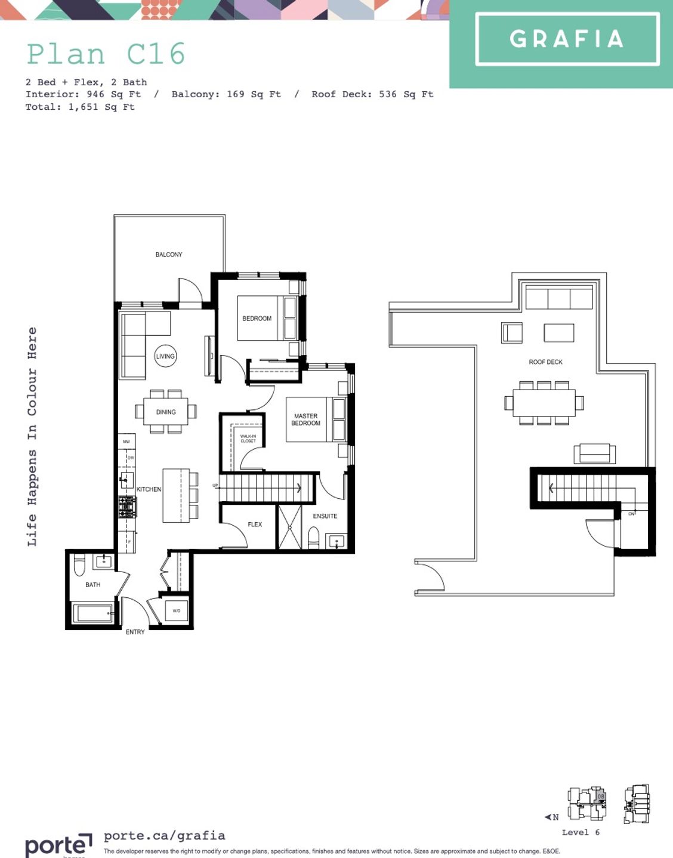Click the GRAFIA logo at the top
[x=567, y=39]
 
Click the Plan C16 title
[x=106, y=54]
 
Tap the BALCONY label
[x=169, y=255]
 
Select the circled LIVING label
[x=165, y=356]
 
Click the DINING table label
[x=166, y=412]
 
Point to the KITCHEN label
[x=149, y=489]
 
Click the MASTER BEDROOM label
[x=305, y=419]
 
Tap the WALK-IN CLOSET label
[x=248, y=439]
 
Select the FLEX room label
[x=255, y=524]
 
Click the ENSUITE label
[x=325, y=516]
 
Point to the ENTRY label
[x=135, y=632]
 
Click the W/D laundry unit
[x=176, y=611]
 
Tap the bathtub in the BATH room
[x=92, y=613]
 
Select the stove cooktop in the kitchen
[x=127, y=507]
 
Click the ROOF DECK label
[x=545, y=362]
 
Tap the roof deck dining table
[x=544, y=403]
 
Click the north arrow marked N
[x=552, y=817]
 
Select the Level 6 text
[x=580, y=832]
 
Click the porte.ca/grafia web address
[x=165, y=836]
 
